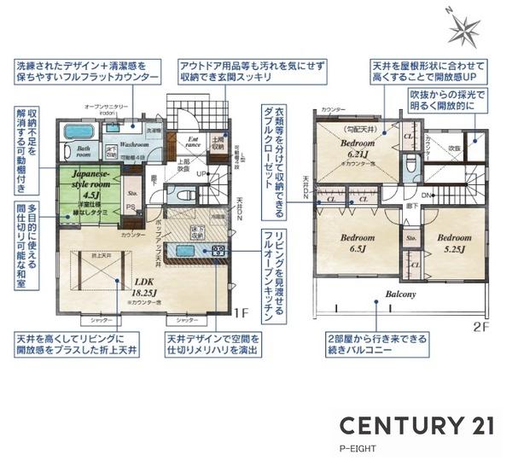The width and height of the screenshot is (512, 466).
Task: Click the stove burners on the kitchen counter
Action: [x=217, y=251]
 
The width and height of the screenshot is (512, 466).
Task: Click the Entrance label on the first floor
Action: [x=194, y=144]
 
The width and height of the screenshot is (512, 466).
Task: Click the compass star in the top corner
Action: [x=465, y=28]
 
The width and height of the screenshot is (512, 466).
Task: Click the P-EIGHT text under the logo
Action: [x=358, y=447]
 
